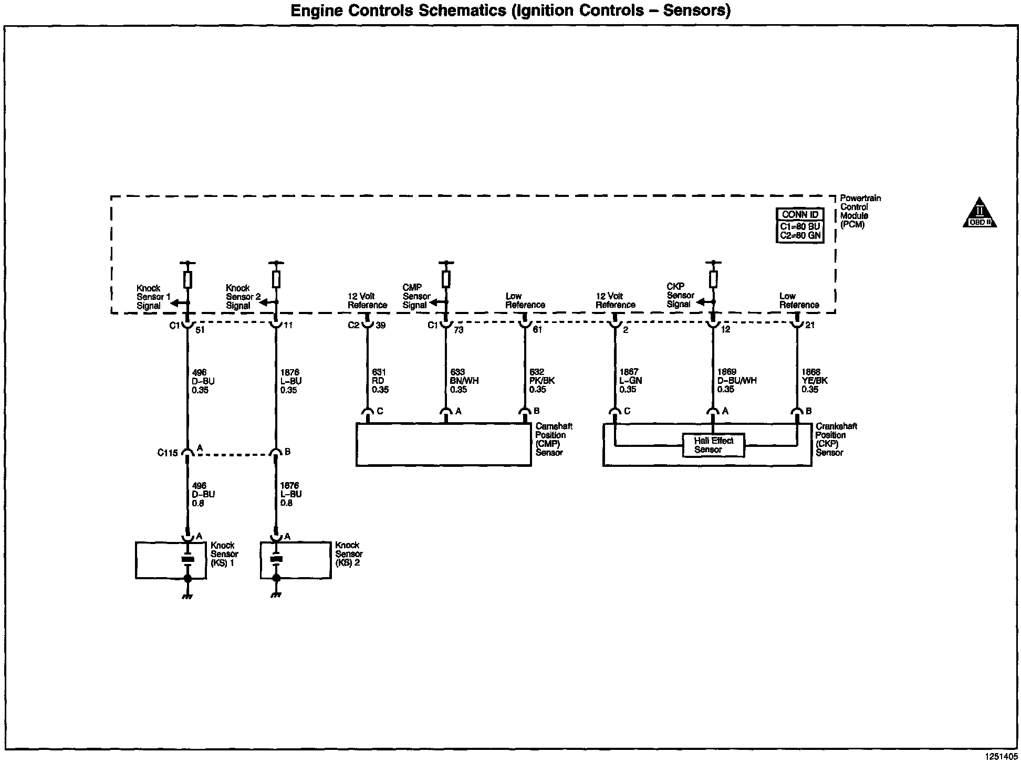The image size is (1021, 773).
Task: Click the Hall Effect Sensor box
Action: pyautogui.click(x=713, y=445)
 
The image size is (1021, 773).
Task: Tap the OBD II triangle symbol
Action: pyautogui.click(x=980, y=213)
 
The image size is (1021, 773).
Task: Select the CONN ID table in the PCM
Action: pyautogui.click(x=800, y=225)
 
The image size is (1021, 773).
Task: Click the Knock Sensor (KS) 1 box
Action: pyautogui.click(x=170, y=560)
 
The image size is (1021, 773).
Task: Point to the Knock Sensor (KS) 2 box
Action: pyautogui.click(x=295, y=560)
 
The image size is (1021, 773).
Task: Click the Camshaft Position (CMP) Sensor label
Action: pyautogui.click(x=553, y=440)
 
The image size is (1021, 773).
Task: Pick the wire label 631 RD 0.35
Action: pyautogui.click(x=380, y=381)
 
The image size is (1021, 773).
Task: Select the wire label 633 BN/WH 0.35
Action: pyautogui.click(x=464, y=381)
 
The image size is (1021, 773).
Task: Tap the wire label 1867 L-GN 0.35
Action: pyautogui.click(x=630, y=381)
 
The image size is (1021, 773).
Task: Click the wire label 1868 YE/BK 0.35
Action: pyautogui.click(x=814, y=381)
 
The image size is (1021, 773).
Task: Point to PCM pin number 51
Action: pyautogui.click(x=200, y=330)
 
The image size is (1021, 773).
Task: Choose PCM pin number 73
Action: pyautogui.click(x=459, y=330)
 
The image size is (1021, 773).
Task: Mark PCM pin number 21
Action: pyautogui.click(x=810, y=325)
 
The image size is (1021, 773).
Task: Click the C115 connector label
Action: pyautogui.click(x=168, y=453)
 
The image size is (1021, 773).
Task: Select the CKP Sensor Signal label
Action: pyautogui.click(x=680, y=295)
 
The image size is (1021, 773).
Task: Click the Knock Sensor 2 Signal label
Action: pyautogui.click(x=243, y=297)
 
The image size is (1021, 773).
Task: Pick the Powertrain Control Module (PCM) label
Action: pyautogui.click(x=860, y=211)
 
